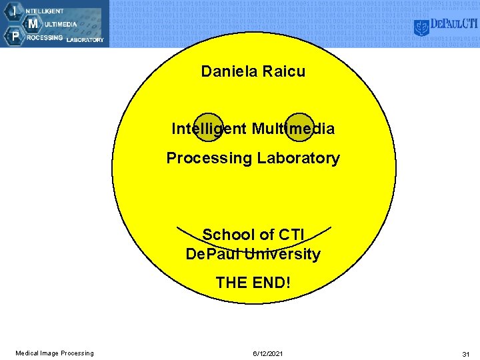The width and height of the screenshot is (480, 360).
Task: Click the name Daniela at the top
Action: tap(228, 71)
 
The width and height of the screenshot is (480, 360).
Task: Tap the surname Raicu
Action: tap(283, 71)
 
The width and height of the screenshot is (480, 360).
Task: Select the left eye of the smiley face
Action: tap(209, 127)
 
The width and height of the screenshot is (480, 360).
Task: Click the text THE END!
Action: tap(253, 282)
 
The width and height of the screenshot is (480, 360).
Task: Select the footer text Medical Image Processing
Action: tap(55, 353)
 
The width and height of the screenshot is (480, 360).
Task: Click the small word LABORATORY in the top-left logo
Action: tap(85, 40)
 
